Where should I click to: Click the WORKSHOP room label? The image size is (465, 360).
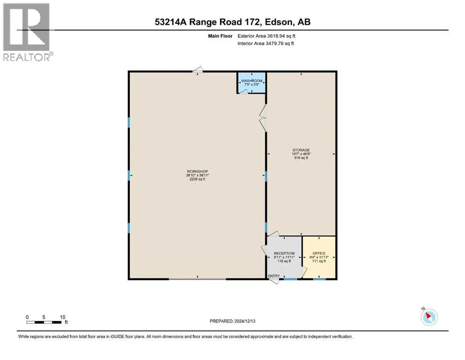[x=197, y=171]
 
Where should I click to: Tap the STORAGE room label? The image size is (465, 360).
[x=301, y=150]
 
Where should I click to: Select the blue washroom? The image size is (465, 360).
[x=251, y=82]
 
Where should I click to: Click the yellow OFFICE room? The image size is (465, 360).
[x=319, y=257]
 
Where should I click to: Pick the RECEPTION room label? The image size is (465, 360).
[x=284, y=253]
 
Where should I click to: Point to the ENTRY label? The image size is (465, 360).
[x=274, y=276]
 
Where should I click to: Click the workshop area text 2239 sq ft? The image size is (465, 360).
[x=197, y=179]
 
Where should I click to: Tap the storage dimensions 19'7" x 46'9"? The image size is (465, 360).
[x=301, y=154]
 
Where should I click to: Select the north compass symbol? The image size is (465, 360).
[x=429, y=317]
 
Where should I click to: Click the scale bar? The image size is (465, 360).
[x=44, y=322]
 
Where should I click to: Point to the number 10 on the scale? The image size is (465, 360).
[x=63, y=317]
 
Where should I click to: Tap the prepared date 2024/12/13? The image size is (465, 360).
[x=244, y=321]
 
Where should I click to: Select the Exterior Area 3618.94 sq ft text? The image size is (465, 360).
[x=266, y=36]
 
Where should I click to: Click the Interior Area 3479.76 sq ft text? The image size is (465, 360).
[x=266, y=43]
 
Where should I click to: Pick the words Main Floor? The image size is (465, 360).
[x=220, y=36]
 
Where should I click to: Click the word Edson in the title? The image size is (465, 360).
[x=277, y=22]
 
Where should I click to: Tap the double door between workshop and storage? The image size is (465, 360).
[x=263, y=118]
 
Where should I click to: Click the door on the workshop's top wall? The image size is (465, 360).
[x=198, y=70]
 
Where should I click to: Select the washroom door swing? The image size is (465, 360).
[x=244, y=91]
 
